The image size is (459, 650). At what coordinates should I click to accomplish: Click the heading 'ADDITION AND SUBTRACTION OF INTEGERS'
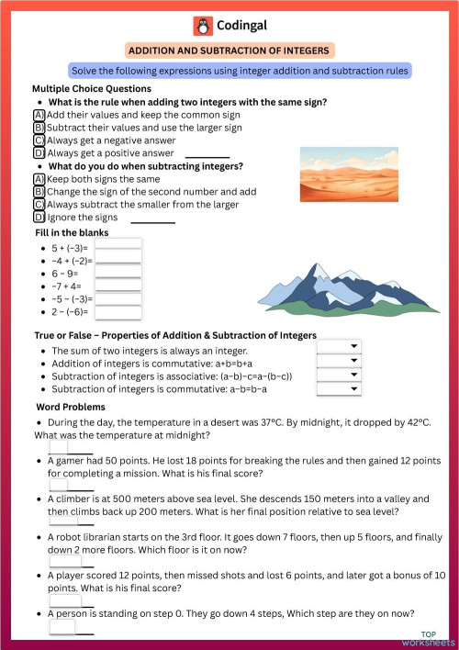[x=229, y=50]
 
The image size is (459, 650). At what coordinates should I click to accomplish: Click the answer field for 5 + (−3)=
[x=118, y=248]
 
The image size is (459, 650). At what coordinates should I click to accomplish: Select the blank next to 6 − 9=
[x=118, y=274]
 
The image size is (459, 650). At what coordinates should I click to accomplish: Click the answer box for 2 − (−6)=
[x=118, y=312]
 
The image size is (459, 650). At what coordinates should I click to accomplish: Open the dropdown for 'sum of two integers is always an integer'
[x=338, y=346]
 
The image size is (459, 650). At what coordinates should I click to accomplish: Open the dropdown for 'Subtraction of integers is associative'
[x=338, y=375]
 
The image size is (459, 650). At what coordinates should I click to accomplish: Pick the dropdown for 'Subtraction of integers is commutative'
[x=338, y=389]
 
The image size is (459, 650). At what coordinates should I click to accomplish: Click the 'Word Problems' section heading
[x=71, y=407]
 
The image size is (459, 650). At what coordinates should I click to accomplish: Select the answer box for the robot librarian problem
[x=64, y=560]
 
